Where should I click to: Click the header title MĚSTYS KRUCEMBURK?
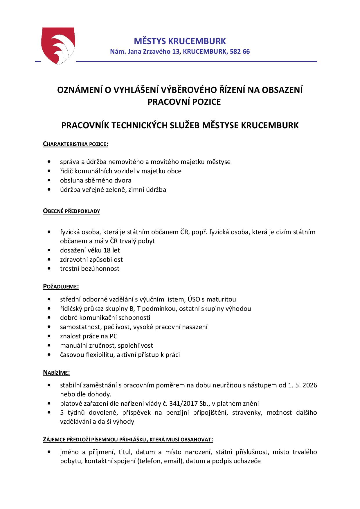tap(180, 41)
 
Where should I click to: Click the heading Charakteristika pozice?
tap(75, 144)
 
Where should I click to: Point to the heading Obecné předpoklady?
tap(71, 211)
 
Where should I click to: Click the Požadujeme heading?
tap(61, 286)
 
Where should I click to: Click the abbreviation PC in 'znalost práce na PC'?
tap(114, 336)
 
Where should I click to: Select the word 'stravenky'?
tap(246, 412)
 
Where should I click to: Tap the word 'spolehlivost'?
tap(135, 345)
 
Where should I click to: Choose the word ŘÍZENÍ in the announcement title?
tap(231, 90)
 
